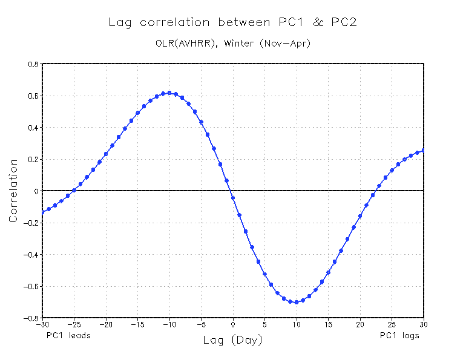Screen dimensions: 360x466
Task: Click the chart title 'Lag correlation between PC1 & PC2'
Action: pyautogui.click(x=232, y=23)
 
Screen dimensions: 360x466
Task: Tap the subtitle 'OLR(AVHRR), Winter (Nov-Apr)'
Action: pyautogui.click(x=232, y=44)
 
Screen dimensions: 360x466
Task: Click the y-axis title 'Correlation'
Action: pyautogui.click(x=13, y=191)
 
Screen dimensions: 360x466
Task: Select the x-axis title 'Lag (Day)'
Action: pyautogui.click(x=233, y=341)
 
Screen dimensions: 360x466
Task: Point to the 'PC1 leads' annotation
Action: pyautogui.click(x=68, y=335)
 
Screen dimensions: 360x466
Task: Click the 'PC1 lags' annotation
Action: pyautogui.click(x=399, y=335)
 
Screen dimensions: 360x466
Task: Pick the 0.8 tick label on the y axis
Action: pyautogui.click(x=33, y=64)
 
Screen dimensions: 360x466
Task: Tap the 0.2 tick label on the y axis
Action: pyautogui.click(x=33, y=160)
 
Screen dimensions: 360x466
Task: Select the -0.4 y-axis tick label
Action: pyautogui.click(x=31, y=255)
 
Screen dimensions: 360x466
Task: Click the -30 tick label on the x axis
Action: pyautogui.click(x=42, y=324)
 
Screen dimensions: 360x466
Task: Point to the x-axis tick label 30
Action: pyautogui.click(x=424, y=324)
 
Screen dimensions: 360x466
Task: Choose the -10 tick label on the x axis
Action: pyautogui.click(x=169, y=324)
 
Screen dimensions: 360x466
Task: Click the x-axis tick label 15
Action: pyautogui.click(x=329, y=324)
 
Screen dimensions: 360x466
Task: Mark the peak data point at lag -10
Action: pyautogui.click(x=169, y=93)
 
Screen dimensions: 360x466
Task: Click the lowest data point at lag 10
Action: pyautogui.click(x=297, y=302)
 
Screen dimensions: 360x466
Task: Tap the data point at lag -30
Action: pyautogui.click(x=42, y=212)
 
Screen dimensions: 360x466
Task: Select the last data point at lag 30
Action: pyautogui.click(x=424, y=150)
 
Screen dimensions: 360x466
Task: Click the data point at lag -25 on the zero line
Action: pyautogui.click(x=74, y=190)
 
